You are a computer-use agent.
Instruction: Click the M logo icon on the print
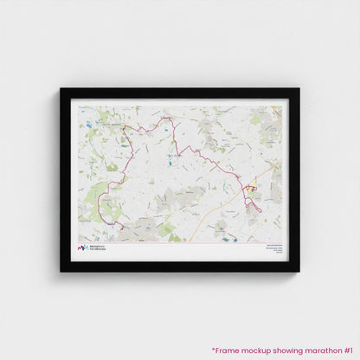coord(83,248)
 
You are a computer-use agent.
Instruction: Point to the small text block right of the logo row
coord(271,247)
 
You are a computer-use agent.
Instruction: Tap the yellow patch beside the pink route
coord(254,186)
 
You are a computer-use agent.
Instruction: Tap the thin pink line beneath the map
coord(180,242)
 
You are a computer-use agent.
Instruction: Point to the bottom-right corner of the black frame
coord(299,271)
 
